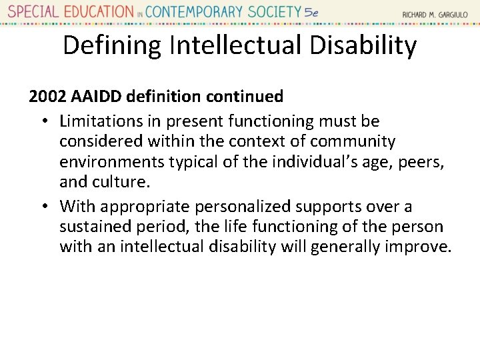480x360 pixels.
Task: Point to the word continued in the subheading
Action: click(x=245, y=97)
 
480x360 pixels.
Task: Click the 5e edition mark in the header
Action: click(x=311, y=12)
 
